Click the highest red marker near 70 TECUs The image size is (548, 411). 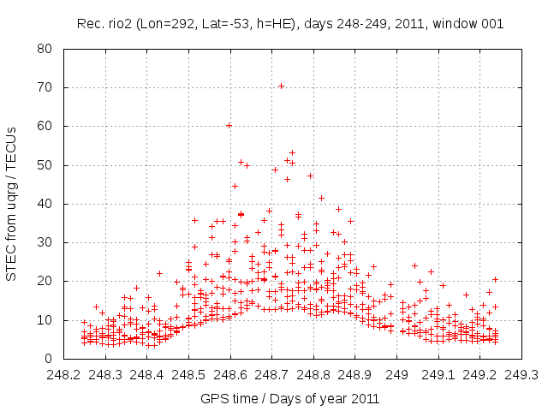coord(281,86)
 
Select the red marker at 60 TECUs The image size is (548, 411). coord(229,125)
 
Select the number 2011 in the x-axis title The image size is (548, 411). coord(365,398)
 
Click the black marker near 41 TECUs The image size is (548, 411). coord(321,198)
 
